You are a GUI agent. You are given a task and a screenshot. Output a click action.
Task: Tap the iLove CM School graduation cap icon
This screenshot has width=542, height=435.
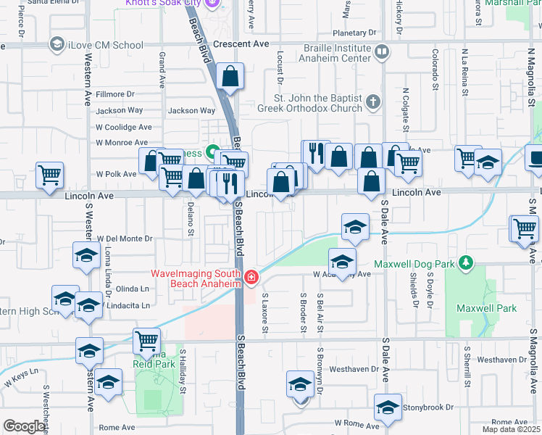(56, 45)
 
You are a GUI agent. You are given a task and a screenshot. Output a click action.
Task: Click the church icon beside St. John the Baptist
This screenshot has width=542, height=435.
(373, 101)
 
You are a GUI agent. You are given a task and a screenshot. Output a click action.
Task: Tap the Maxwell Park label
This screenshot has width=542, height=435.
(487, 308)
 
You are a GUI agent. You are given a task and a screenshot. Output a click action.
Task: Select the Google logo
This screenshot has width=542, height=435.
(25, 426)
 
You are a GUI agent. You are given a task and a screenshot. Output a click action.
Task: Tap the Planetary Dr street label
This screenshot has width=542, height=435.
(355, 33)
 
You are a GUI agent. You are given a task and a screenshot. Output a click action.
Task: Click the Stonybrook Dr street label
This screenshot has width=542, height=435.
(427, 407)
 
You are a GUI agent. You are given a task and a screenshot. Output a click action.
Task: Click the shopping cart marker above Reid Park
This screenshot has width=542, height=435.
(146, 340)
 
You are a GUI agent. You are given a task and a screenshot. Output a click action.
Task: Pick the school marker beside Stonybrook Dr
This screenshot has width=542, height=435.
(388, 407)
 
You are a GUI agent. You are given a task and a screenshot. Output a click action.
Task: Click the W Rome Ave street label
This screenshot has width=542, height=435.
(357, 422)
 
